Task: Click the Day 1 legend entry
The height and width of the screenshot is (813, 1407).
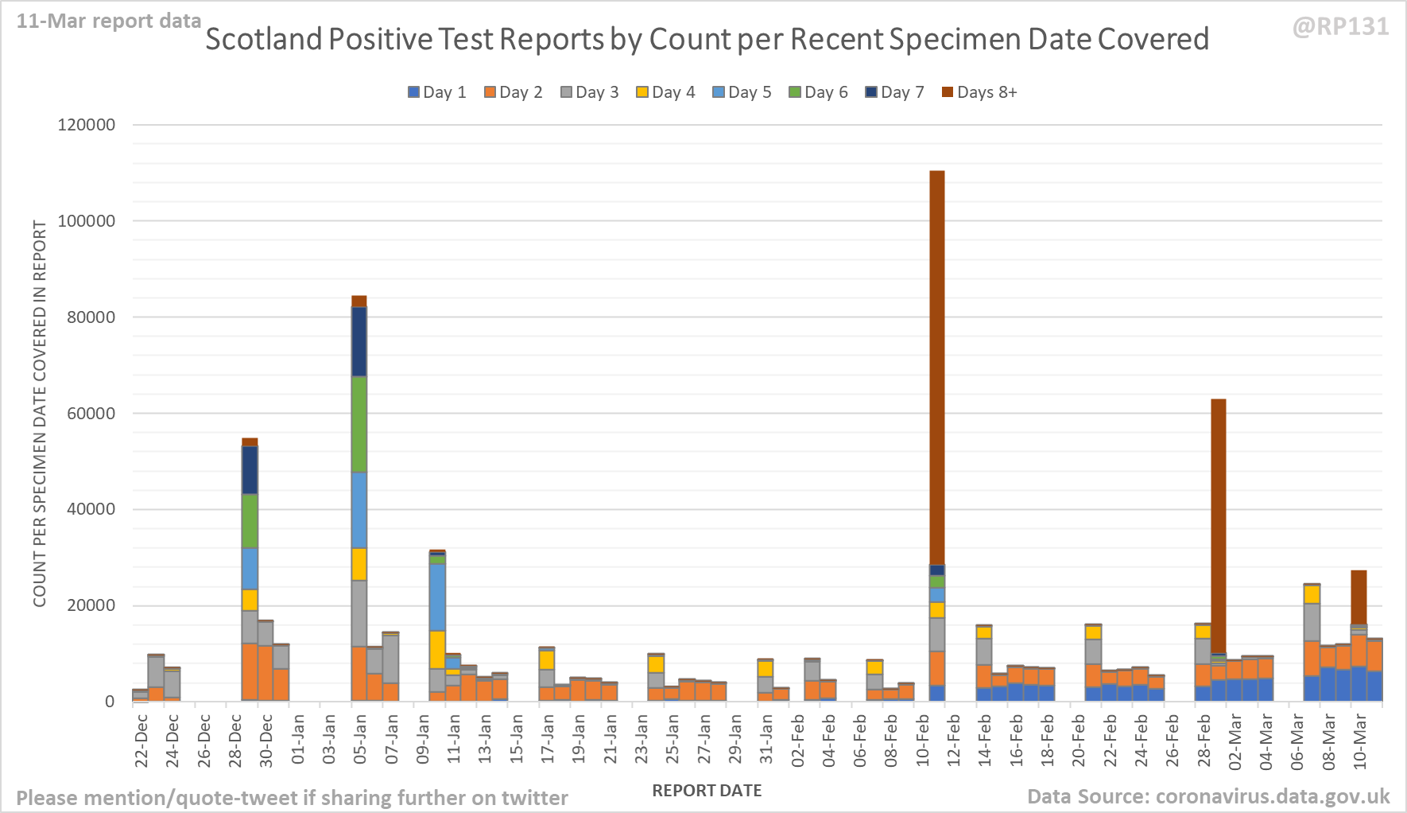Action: coord(436,92)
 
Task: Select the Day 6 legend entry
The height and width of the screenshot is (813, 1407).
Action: coord(818,92)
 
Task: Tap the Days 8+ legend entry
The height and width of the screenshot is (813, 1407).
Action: coord(979,92)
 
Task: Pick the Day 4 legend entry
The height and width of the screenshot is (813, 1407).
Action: coord(665,92)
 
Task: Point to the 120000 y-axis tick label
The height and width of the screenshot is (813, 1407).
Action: coord(86,125)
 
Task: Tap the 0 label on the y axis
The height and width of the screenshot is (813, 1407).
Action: coord(110,702)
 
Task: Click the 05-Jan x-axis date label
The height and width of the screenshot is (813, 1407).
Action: coord(360,740)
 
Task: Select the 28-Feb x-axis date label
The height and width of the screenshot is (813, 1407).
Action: coord(1204,740)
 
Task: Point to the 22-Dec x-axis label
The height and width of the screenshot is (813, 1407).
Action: coord(141,740)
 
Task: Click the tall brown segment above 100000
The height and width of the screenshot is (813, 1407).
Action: coord(937,366)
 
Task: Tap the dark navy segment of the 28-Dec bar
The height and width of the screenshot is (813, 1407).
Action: coord(250,470)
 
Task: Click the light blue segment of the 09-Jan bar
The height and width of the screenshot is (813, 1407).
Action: coord(437,597)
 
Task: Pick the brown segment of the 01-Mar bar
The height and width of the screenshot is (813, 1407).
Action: coord(1218,525)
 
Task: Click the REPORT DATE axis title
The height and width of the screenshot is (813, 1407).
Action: coord(707,791)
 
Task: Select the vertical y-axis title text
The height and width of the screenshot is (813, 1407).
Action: coord(40,414)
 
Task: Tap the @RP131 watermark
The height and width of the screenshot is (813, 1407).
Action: coord(1340,27)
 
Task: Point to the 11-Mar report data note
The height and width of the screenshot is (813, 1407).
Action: coord(109,21)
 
